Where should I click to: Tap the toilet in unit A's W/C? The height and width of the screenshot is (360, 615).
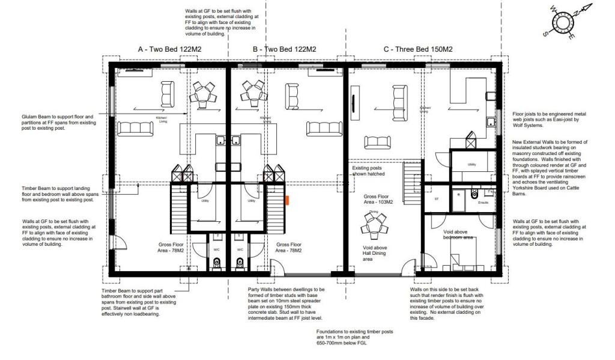(x=217, y=262)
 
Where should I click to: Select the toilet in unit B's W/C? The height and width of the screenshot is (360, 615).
(x=240, y=262)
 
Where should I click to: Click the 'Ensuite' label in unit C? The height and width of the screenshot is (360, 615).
(x=483, y=203)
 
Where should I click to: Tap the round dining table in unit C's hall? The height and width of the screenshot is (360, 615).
(x=374, y=225)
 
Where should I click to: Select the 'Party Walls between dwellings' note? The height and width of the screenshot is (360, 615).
(x=286, y=289)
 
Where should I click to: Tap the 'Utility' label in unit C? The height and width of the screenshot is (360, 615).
(x=471, y=164)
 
